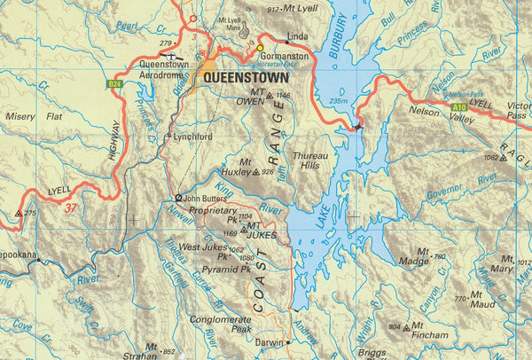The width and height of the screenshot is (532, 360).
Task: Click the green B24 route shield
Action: click(x=114, y=84)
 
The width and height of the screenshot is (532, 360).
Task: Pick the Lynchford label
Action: click(x=192, y=137)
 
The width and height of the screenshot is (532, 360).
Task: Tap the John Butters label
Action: click(x=206, y=198)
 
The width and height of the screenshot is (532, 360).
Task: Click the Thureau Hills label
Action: click(x=310, y=160)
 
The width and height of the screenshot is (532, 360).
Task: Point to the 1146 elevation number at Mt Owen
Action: click(x=284, y=95)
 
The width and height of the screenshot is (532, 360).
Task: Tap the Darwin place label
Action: click(x=269, y=342)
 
